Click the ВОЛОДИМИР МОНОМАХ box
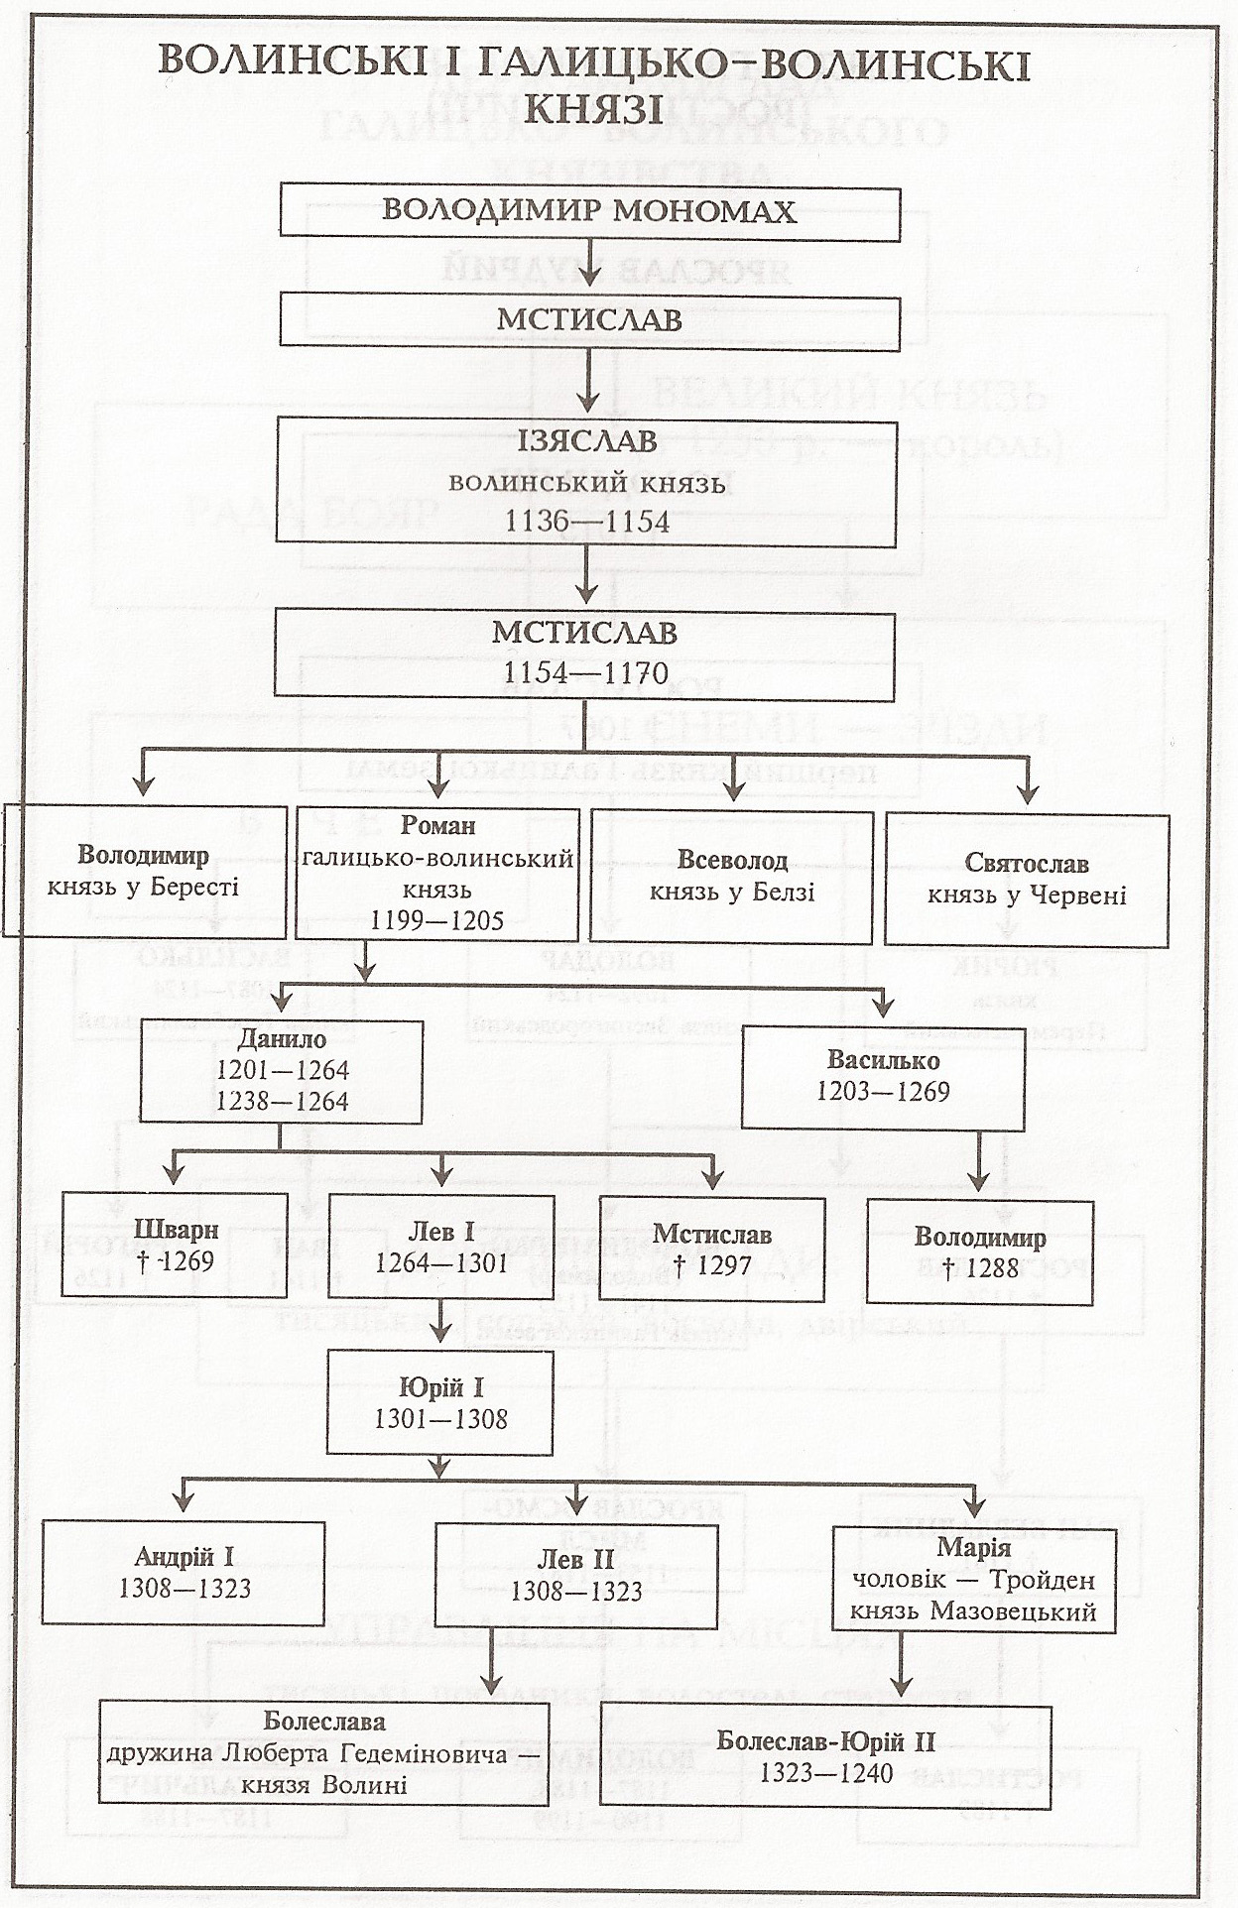[589, 210]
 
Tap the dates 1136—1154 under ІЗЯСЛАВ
[587, 522]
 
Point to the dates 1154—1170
[585, 673]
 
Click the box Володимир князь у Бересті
[144, 872]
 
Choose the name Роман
[437, 825]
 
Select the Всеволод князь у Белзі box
[732, 877]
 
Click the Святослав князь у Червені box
[1027, 880]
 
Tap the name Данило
[282, 1039]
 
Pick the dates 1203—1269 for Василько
[883, 1092]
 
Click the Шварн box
[175, 1247]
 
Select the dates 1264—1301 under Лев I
[441, 1263]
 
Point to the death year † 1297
[712, 1265]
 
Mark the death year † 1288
[979, 1268]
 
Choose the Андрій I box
[184, 1574]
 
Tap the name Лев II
[576, 1560]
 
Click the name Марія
[973, 1548]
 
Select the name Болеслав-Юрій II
[826, 1740]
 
